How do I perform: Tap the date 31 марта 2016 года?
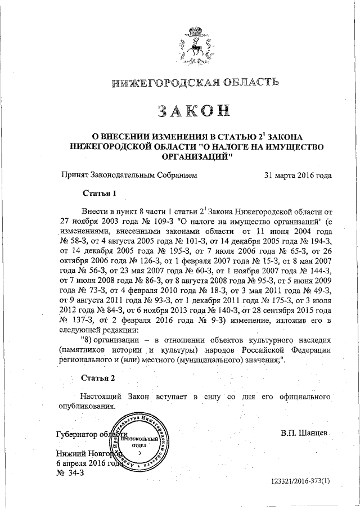tap(298, 175)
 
